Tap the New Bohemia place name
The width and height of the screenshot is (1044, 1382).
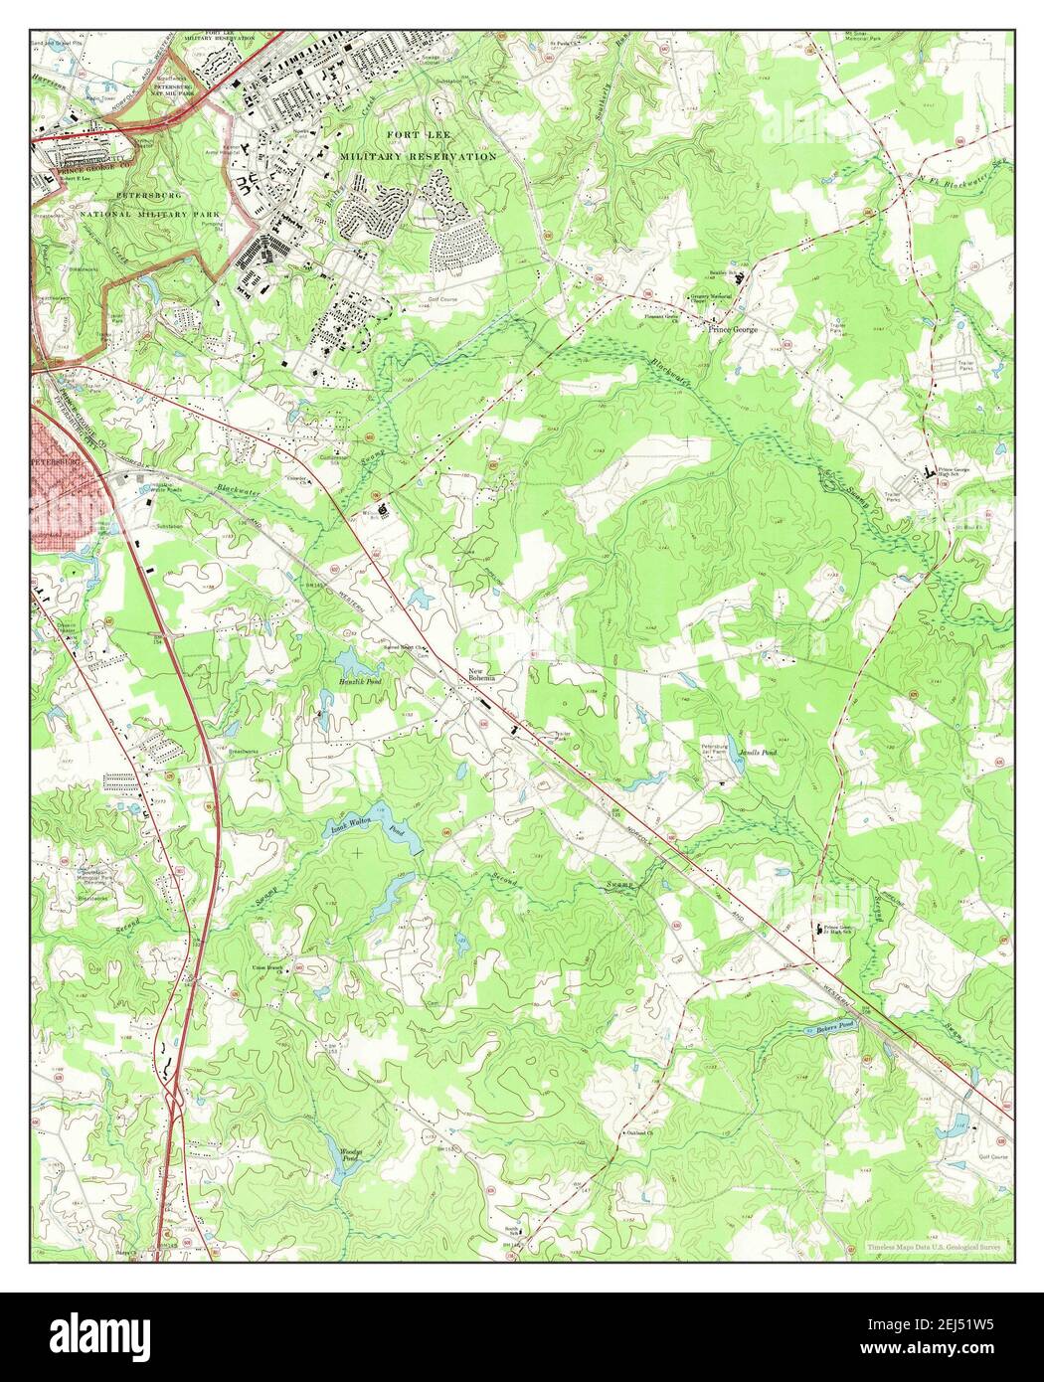coord(481,676)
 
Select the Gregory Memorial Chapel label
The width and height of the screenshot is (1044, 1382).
coord(712,299)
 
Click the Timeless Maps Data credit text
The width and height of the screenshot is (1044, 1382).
coord(939,1245)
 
